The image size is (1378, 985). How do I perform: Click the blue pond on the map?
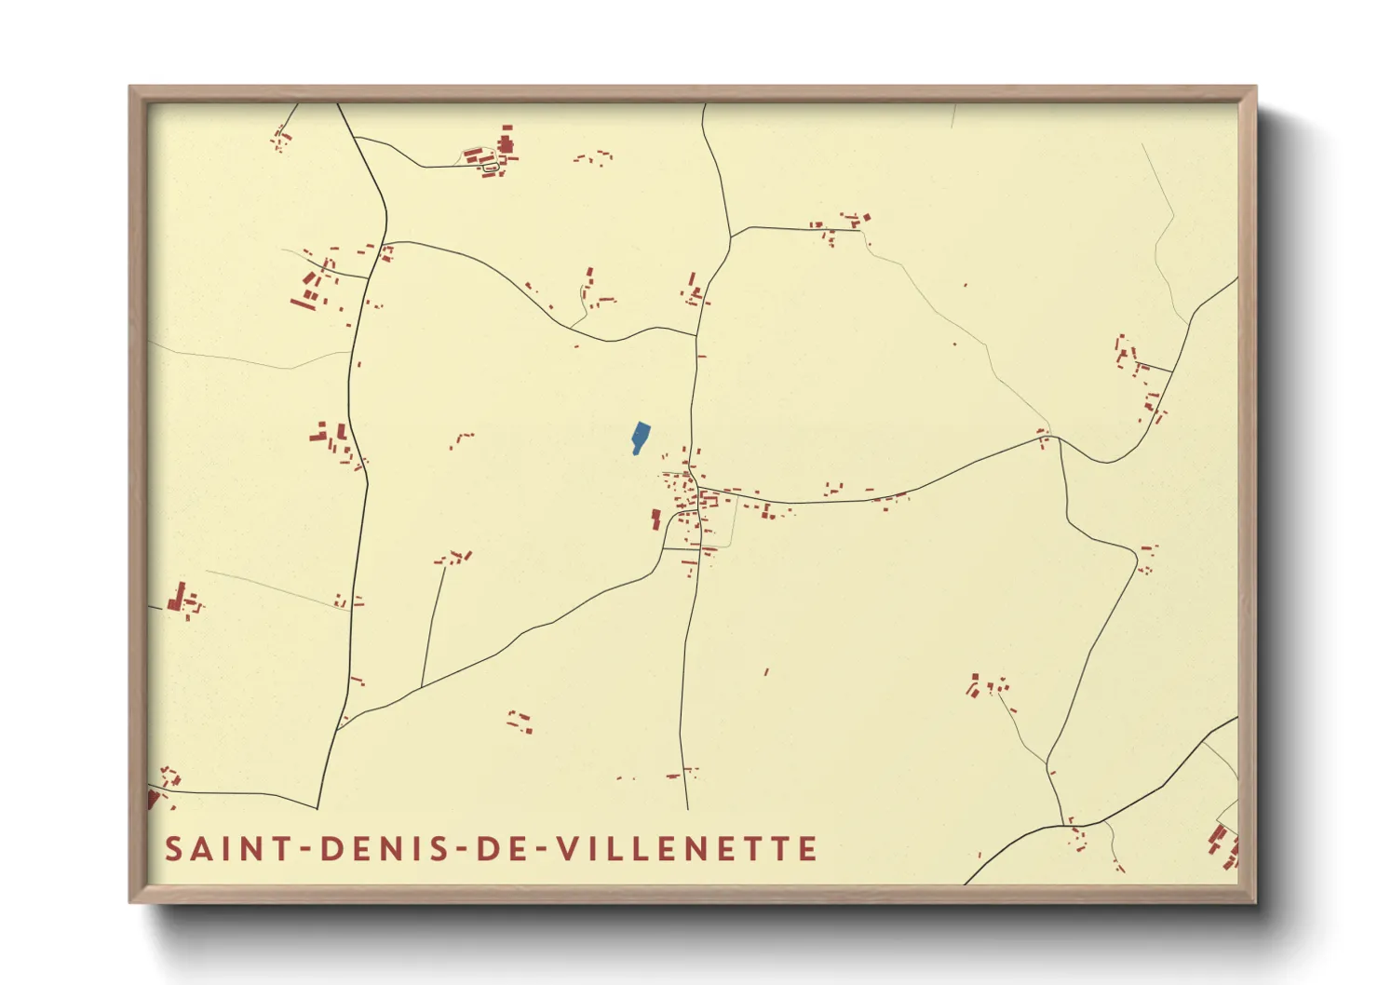[x=641, y=437]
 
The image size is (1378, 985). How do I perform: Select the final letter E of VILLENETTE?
[x=809, y=849]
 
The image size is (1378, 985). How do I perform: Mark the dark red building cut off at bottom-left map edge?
[x=154, y=799]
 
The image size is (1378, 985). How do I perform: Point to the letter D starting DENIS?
[x=331, y=849]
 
